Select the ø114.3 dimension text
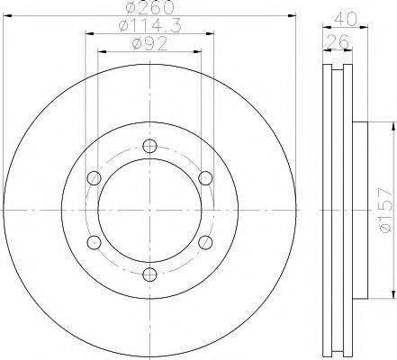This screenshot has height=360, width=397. pyautogui.click(x=149, y=29)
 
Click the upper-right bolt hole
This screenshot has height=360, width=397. pyautogui.click(x=206, y=175)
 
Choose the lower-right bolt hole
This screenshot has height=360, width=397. pyautogui.click(x=206, y=241)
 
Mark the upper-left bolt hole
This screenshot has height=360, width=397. pyautogui.click(x=93, y=175)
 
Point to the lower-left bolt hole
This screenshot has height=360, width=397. pyautogui.click(x=93, y=241)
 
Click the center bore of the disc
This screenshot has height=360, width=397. pyautogui.click(x=149, y=209)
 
